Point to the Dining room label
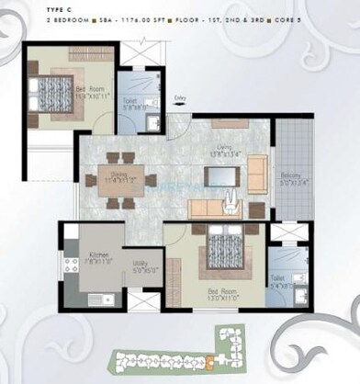123,180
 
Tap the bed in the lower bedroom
222,249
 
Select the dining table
122,178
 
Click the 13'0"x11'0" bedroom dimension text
220,298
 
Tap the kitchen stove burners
67,266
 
